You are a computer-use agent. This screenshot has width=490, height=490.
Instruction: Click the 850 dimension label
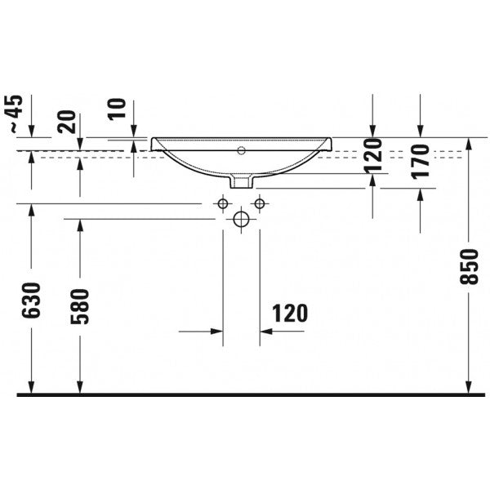pos(469,266)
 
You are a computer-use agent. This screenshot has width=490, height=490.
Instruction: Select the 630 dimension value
pos(31,301)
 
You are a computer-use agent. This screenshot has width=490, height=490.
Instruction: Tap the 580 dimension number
pos(80,306)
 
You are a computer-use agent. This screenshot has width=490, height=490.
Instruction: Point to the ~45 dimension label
pos(16,114)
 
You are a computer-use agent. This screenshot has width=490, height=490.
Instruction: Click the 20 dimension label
pos(68,122)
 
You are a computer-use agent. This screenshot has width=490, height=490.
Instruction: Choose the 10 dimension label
pos(117,109)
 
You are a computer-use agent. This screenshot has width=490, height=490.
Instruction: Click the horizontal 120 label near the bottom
pos(290,313)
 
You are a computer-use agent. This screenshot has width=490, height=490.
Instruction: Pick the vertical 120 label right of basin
pos(373,155)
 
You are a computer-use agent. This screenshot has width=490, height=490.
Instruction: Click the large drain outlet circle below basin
pos(241,219)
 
